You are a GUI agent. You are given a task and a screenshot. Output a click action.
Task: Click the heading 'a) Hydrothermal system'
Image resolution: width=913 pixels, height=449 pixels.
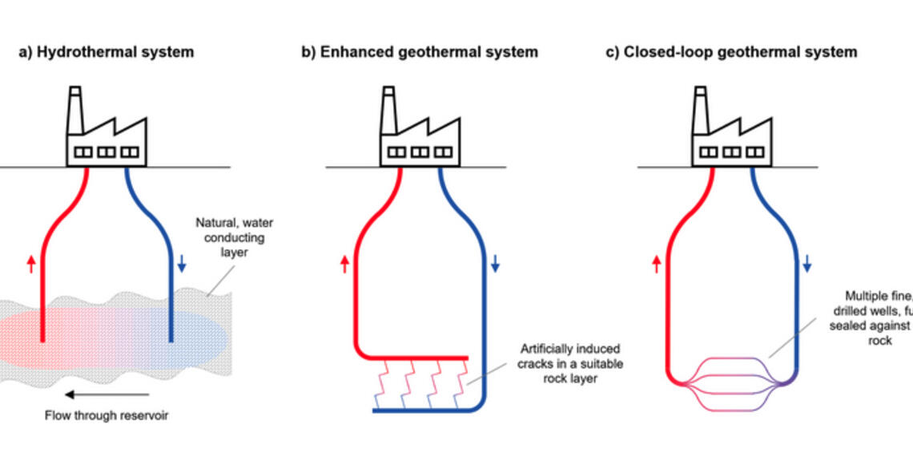click(x=107, y=52)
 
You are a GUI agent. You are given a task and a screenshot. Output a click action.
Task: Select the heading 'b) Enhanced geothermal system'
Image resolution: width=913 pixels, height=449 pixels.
click(x=420, y=52)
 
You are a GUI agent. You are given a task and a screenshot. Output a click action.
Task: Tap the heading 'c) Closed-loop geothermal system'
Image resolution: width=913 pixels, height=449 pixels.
click(x=730, y=52)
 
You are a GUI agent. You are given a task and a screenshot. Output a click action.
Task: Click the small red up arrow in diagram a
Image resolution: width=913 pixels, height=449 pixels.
click(x=31, y=263)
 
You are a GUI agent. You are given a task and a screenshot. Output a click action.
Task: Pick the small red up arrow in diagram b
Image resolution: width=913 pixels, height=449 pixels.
click(x=345, y=263)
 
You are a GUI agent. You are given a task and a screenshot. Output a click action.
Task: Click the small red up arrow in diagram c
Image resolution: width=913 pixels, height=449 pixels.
click(x=658, y=263)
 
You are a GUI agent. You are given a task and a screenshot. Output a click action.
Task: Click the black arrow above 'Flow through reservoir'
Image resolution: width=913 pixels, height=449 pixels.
click(x=107, y=394)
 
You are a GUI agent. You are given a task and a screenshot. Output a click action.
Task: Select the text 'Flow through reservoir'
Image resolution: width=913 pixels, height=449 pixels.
click(x=107, y=415)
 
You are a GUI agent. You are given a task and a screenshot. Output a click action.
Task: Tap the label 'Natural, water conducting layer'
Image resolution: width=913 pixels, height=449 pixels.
click(x=233, y=238)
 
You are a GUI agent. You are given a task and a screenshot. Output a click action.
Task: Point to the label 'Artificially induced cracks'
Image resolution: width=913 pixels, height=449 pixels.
click(x=570, y=363)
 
